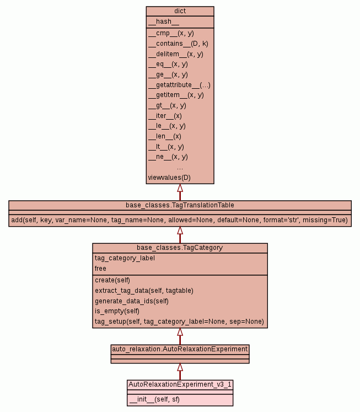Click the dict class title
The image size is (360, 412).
coord(180,11)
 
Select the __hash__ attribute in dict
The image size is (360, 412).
coord(164,22)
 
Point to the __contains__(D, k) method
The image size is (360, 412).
coord(178,44)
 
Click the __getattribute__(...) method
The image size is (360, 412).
coord(179,85)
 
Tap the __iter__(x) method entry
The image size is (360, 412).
coord(165,116)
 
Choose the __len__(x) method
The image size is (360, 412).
coord(165,136)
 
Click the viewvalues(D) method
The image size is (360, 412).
coord(169,178)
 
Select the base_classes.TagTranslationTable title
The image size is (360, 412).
coord(180,205)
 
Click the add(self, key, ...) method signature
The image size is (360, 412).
coord(180,220)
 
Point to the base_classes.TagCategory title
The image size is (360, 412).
coord(180,248)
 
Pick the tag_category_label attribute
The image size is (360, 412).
coord(125,258)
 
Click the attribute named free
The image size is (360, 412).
coord(100,269)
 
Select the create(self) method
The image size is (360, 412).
coord(112,280)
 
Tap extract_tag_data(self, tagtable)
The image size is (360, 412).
coord(144,291)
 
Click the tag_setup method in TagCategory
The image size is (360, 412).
coord(179,322)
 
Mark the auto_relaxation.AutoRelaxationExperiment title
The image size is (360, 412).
coord(180,349)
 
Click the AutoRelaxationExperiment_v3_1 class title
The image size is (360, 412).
coord(180,384)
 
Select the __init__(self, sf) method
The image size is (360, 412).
coord(155,399)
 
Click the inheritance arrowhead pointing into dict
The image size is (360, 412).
coord(180,188)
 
